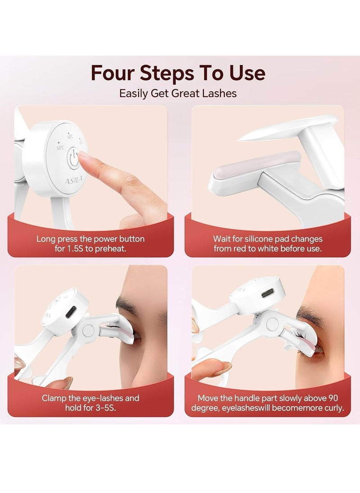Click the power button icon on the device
[74, 158]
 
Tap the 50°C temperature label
[60, 148]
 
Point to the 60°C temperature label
[70, 137]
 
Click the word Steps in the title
[167, 73]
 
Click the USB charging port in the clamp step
[69, 312]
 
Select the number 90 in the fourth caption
[333, 399]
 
